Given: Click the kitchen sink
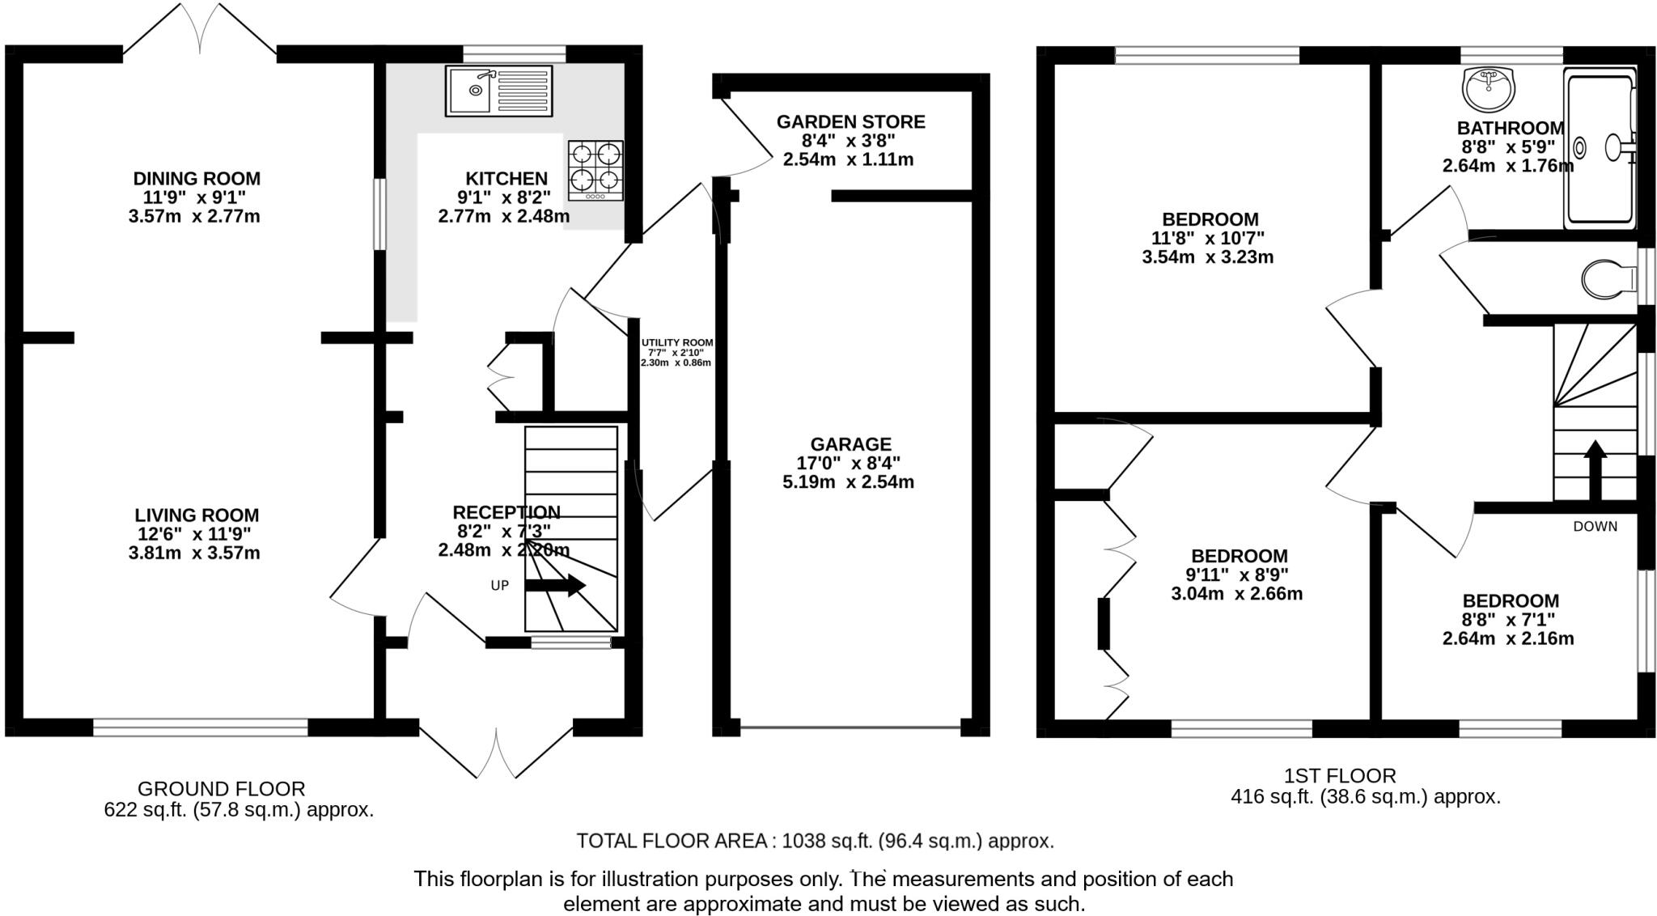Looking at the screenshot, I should (498, 90).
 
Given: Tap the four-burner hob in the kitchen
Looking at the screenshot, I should (596, 170).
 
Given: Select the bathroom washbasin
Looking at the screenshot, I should (1489, 88).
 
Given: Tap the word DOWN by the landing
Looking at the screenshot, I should (1595, 527).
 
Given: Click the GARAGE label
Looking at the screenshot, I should (850, 444).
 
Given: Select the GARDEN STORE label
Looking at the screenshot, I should (850, 122).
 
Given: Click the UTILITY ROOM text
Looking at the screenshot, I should (677, 343).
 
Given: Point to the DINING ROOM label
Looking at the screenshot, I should (197, 179).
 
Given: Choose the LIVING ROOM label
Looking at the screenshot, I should (197, 515).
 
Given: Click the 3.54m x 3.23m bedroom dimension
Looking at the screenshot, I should (1207, 258).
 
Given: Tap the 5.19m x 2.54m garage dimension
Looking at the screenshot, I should (848, 483).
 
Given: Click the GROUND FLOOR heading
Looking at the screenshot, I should (221, 789).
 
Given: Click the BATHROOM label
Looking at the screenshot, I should (1510, 129).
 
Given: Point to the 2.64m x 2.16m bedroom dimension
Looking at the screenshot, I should (1508, 639).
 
